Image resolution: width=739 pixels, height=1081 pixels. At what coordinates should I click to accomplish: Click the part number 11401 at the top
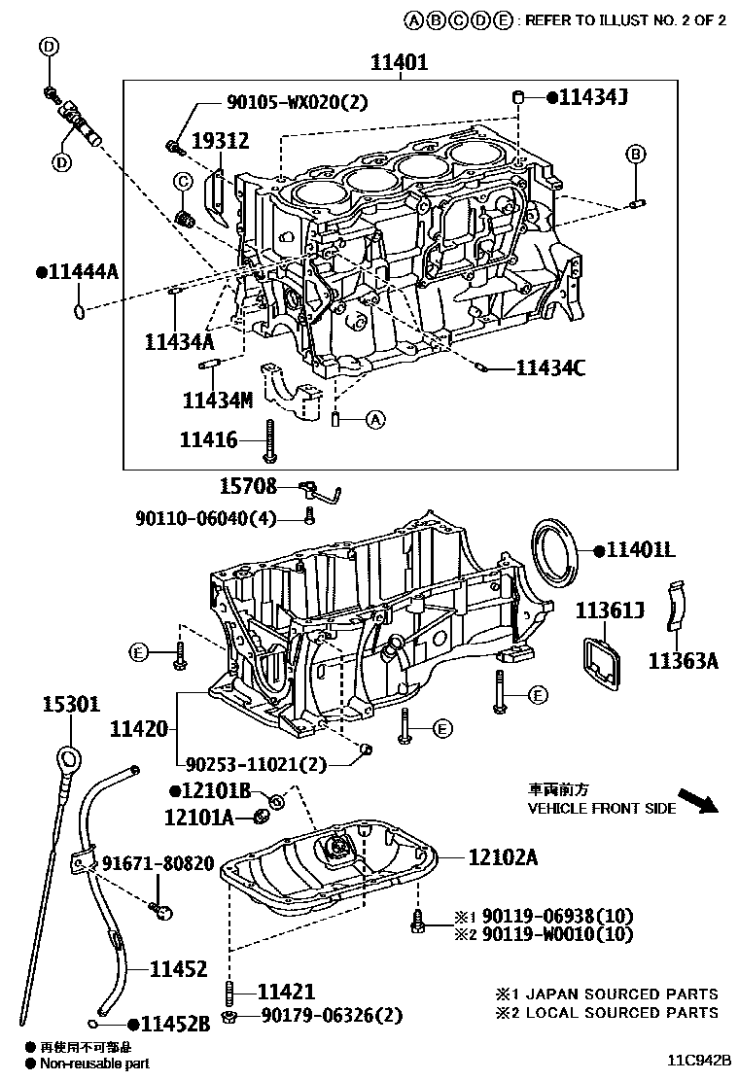399,63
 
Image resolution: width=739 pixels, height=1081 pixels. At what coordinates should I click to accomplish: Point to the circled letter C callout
182,182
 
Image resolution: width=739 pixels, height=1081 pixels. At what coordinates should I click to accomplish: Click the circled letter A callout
375,420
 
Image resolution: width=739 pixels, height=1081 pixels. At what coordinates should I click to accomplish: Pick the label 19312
219,141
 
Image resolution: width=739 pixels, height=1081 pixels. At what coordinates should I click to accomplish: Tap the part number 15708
248,486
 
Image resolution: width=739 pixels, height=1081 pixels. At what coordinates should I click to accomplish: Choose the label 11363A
684,661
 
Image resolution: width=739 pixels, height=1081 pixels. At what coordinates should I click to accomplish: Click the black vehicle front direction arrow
696,800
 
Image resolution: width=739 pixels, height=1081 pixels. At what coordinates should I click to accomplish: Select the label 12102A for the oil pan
503,857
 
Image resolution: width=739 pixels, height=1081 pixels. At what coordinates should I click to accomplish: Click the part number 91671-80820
158,862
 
